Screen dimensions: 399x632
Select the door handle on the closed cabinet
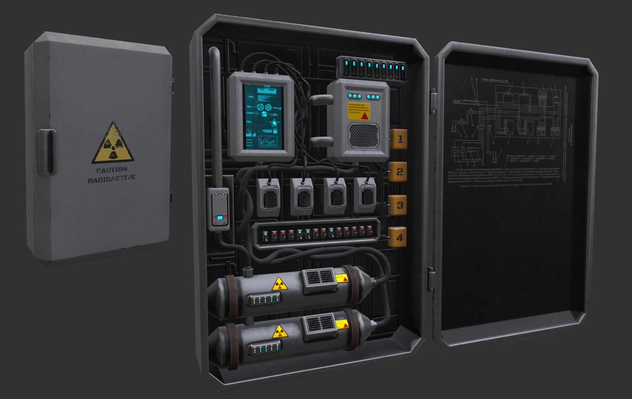pos(47,152)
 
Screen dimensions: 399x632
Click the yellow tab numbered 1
pos(399,139)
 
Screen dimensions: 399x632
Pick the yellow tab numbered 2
pos(398,172)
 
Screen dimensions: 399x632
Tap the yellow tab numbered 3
pos(398,205)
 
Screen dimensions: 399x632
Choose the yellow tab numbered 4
pos(398,237)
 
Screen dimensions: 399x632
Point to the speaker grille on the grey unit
pos(364,136)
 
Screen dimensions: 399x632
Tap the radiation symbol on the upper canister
pos(279,284)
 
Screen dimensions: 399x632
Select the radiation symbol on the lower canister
pos(280,332)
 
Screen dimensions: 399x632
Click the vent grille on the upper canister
pos(318,278)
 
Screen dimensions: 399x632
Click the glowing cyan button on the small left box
pos(220,218)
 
